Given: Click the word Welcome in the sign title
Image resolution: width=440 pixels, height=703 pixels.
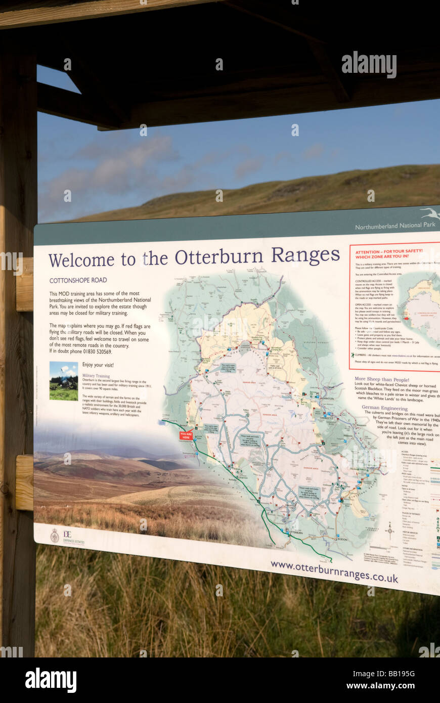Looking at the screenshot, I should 81,259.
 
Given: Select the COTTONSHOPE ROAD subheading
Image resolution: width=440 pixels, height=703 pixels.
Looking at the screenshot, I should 78,280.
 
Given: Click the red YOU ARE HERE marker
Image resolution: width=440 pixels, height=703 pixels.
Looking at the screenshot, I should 186,435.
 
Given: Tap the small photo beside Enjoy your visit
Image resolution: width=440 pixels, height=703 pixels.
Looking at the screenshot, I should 64,381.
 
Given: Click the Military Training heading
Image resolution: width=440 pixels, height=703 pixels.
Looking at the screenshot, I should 96,376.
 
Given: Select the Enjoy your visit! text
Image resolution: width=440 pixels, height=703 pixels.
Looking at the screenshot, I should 98,365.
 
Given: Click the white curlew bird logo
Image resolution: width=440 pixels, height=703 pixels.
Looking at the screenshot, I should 430,214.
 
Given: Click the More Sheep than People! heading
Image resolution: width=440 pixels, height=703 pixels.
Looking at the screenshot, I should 382,379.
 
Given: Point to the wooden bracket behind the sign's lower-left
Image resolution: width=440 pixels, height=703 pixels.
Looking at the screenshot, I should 24,482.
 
